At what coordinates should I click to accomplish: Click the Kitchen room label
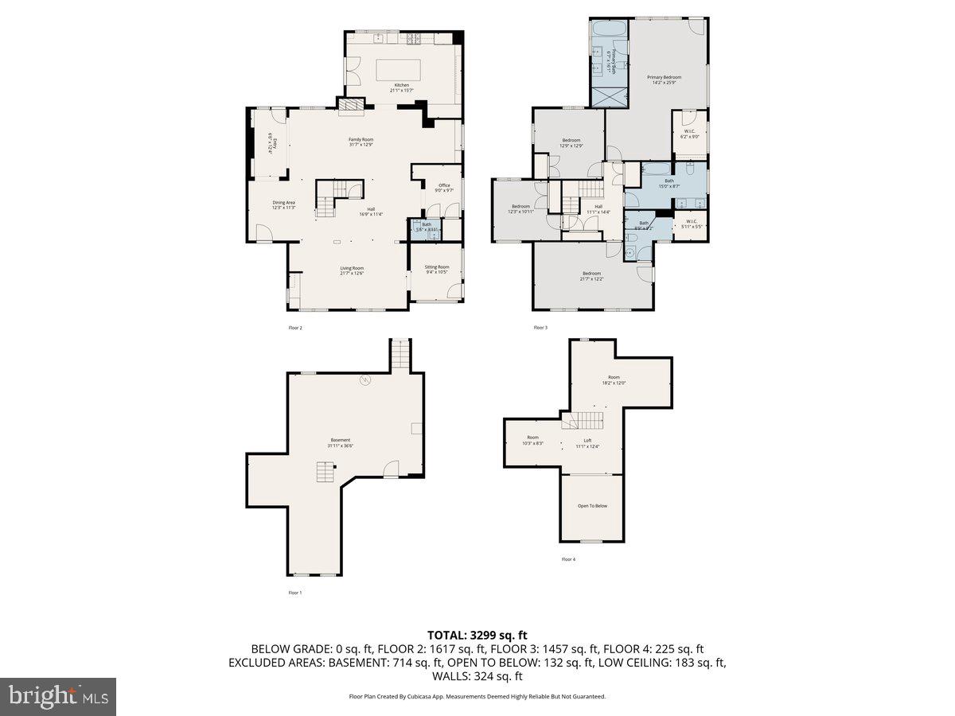coord(402,84)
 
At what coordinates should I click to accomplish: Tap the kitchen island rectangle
coord(402,67)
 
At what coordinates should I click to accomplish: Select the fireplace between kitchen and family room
coord(349,106)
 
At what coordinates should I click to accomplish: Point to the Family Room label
coord(361,139)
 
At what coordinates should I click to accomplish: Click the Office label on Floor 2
coord(444,185)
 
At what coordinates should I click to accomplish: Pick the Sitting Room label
coord(437,267)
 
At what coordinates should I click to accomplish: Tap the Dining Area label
coord(284,203)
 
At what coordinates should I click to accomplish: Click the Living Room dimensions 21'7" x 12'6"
coord(352,274)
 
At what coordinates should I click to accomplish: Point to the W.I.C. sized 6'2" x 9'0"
coord(690,132)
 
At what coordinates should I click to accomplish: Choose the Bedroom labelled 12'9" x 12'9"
coord(571,140)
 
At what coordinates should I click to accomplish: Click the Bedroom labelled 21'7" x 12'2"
coord(591,274)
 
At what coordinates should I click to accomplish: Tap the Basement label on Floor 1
coord(340,440)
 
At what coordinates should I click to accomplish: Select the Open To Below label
coord(592,506)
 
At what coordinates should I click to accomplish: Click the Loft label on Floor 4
coord(587,441)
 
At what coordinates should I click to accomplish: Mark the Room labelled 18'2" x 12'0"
coord(614,378)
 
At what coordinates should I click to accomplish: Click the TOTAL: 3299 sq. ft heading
coord(477,635)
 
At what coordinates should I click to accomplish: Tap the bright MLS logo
coord(58,697)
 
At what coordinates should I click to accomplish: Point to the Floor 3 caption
coord(540,328)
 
